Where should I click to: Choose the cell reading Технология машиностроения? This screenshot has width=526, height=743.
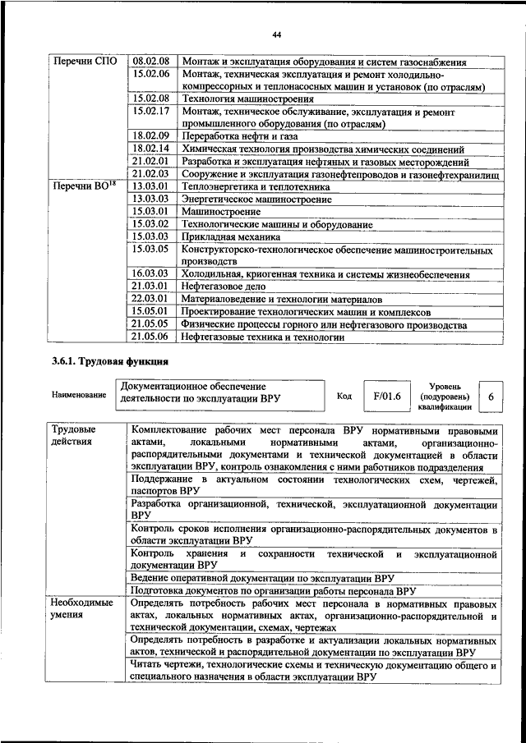(x=236, y=99)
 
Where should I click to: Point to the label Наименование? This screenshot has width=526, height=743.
(x=78, y=396)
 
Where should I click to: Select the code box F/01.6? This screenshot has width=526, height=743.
(x=385, y=396)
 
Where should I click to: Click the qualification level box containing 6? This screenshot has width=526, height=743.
(x=491, y=397)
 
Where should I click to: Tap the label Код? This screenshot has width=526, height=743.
(x=344, y=396)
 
